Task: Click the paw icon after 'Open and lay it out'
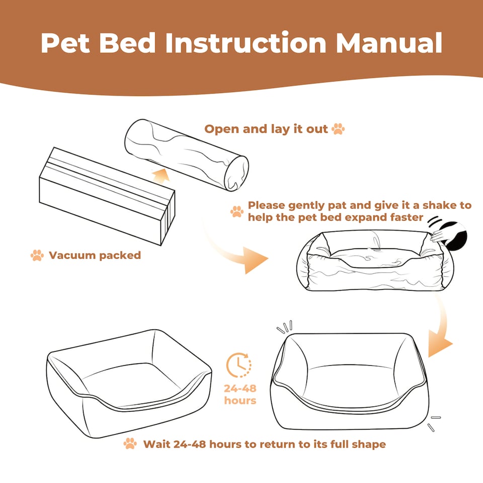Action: tap(338, 129)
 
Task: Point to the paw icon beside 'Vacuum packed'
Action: tap(37, 256)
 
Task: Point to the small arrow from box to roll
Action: tap(160, 176)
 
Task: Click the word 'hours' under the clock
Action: tap(240, 401)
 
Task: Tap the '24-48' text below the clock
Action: tap(240, 389)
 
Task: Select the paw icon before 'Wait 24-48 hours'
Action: tap(130, 444)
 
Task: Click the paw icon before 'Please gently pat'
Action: tap(236, 211)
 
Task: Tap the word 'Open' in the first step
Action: tap(222, 129)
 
